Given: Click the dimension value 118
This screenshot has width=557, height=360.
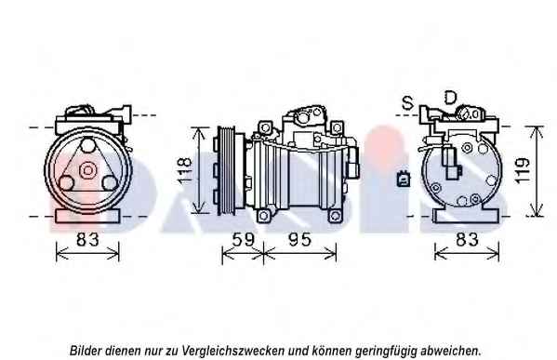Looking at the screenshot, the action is click(185, 171).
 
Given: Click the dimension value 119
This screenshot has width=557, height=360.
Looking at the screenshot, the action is click(522, 171).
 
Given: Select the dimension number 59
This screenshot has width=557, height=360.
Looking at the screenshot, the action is click(243, 240).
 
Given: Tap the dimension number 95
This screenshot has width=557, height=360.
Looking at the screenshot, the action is click(299, 240).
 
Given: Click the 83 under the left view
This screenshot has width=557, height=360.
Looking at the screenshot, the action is click(87, 239).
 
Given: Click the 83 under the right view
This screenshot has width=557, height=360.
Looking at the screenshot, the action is click(467, 239).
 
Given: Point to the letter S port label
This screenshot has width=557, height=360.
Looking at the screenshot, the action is click(408, 103).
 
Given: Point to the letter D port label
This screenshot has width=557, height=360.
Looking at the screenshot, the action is click(450, 98).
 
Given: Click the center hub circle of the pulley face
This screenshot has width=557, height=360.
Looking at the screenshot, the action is click(87, 170).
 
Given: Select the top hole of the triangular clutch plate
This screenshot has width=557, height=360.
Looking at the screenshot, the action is click(87, 146).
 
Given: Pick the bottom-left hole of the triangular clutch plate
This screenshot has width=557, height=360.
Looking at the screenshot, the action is click(66, 182).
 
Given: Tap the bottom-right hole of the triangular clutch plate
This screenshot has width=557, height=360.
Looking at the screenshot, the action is click(109, 182).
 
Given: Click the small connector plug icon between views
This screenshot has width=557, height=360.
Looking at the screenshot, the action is click(404, 179).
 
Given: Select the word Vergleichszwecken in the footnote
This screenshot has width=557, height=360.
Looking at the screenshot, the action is click(233, 351).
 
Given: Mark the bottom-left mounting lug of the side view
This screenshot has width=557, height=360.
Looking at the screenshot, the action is click(263, 216).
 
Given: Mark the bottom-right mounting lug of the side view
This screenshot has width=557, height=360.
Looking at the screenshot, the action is click(335, 216).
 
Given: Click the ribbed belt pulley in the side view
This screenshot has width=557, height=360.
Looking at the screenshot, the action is click(227, 170).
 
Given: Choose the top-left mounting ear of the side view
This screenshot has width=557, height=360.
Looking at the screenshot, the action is click(265, 127).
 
